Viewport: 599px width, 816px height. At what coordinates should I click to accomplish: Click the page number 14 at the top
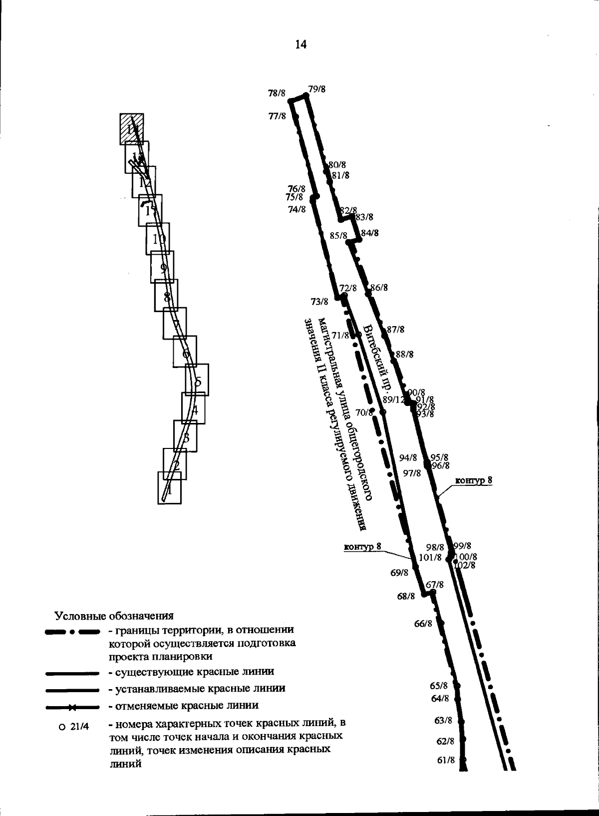pyautogui.click(x=300, y=45)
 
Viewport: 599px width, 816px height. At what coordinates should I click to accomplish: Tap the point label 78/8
pyautogui.click(x=277, y=93)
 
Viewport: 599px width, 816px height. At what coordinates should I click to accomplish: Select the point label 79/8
pyautogui.click(x=317, y=89)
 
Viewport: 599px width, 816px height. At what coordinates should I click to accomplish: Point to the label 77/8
pyautogui.click(x=277, y=116)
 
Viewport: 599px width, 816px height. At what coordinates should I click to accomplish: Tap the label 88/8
pyautogui.click(x=405, y=355)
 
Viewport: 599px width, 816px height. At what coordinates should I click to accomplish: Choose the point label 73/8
pyautogui.click(x=319, y=302)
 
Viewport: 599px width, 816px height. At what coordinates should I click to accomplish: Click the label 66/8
pyautogui.click(x=423, y=624)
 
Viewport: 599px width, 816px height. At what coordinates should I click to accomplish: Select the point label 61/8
pyautogui.click(x=446, y=761)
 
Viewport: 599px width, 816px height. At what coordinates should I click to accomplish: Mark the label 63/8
pyautogui.click(x=443, y=720)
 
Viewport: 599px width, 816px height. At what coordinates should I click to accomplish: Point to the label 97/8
pyautogui.click(x=412, y=473)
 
